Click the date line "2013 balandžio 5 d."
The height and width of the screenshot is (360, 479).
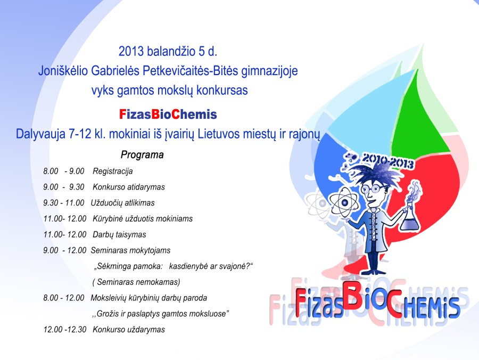pos(168,51)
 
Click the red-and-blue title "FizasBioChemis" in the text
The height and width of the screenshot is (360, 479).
pos(168,114)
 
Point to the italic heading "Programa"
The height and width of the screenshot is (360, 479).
pos(142,154)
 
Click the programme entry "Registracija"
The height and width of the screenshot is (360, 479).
pos(113,171)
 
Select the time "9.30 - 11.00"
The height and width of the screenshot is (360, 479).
pos(64,203)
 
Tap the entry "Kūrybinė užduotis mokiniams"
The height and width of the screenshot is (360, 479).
pos(143,219)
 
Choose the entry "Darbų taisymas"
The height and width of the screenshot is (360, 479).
pos(119,235)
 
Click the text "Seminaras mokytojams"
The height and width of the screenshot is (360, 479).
pos(131,251)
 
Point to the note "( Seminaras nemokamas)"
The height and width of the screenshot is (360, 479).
pos(136,282)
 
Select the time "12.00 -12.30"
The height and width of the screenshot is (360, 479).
pos(65,330)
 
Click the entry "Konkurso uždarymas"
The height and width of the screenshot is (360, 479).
pos(129,330)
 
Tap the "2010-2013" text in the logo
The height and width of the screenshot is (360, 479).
pos(387,160)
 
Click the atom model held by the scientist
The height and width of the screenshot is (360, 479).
pos(344,202)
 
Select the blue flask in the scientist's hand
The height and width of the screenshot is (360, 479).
pos(410,218)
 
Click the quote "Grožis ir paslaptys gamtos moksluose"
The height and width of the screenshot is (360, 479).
pos(161,314)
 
